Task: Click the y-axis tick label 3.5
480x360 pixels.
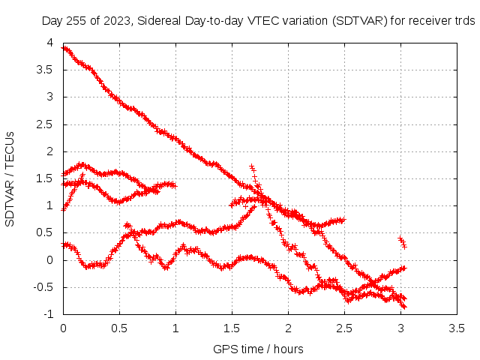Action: click(x=45, y=70)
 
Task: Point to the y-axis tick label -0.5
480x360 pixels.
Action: click(x=43, y=287)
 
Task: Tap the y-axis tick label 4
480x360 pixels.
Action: click(x=50, y=43)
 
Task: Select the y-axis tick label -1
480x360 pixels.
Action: click(x=49, y=314)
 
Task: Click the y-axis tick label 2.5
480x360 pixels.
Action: click(x=45, y=124)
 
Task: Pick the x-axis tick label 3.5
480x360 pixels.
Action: click(x=457, y=328)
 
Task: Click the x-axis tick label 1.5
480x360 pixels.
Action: click(x=232, y=328)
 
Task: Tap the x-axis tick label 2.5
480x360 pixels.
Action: click(x=344, y=328)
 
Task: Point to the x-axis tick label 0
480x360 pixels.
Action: click(x=63, y=328)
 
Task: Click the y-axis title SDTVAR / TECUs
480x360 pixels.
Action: click(x=10, y=179)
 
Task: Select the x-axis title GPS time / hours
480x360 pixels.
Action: click(x=258, y=349)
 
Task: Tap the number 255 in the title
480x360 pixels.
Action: click(x=77, y=21)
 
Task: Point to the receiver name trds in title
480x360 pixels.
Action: click(x=466, y=21)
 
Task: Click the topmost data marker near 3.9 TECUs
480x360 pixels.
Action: click(x=64, y=48)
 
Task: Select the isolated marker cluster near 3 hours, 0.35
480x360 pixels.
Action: click(x=403, y=242)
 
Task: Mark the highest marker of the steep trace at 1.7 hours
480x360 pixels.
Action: click(x=252, y=167)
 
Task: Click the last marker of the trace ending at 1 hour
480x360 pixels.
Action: click(x=174, y=185)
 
